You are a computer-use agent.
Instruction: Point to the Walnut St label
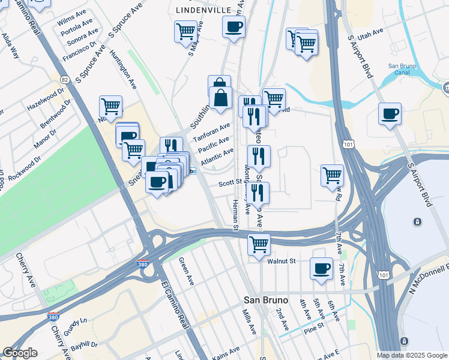pyautogui.click(x=282, y=261)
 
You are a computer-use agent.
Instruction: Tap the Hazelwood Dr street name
pyautogui.click(x=45, y=99)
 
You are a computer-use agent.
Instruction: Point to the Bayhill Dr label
pyautogui.click(x=83, y=346)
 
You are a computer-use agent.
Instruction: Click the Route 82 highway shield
pyautogui.click(x=64, y=79)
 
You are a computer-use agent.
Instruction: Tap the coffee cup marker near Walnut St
pyautogui.click(x=321, y=268)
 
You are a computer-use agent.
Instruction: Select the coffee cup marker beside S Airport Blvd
pyautogui.click(x=390, y=113)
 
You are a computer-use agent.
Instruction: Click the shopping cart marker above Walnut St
pyautogui.click(x=259, y=244)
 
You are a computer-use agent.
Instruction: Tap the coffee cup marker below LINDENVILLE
pyautogui.click(x=234, y=26)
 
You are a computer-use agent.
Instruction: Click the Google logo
pyautogui.click(x=20, y=353)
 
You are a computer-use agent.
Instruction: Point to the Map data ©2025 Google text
pyautogui.click(x=411, y=355)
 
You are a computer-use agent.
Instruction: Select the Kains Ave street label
pyautogui.click(x=221, y=356)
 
